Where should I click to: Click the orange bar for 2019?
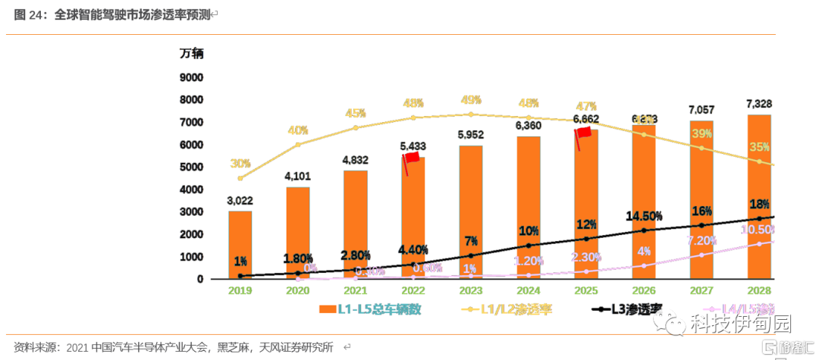pos(240,244)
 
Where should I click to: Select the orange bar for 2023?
pos(470,212)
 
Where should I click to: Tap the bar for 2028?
pos(758,197)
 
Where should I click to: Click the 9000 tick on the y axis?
pos(191,77)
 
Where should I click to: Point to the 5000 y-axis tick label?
pos(191,167)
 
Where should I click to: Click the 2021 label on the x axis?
pos(355,291)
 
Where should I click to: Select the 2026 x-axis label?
pos(643,291)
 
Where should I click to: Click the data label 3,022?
pos(240,201)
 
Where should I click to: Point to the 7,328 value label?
pos(758,104)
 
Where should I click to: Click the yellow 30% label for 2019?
pos(240,164)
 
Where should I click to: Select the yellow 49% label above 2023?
pos(471,100)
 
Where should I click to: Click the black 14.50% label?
pos(644,216)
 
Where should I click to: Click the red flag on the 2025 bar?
pos(582,133)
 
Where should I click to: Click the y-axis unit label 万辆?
pos(191,54)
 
